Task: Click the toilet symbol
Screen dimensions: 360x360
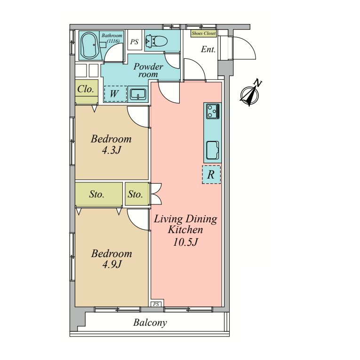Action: [157, 41]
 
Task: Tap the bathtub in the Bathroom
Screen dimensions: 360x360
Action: [90, 46]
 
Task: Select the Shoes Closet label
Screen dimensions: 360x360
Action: [204, 33]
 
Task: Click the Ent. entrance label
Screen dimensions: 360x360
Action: [208, 49]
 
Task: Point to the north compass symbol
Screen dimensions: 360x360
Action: [250, 93]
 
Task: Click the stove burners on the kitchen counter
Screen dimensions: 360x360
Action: [213, 111]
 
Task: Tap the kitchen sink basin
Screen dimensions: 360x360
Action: [212, 150]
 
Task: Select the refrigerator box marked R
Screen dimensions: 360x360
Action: [211, 174]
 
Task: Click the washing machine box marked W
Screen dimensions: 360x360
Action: [115, 94]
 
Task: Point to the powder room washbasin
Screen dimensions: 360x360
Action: [138, 94]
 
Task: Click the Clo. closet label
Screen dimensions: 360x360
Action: [86, 89]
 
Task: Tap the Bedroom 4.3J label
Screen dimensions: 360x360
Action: [111, 144]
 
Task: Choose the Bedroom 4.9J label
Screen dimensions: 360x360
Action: [112, 259]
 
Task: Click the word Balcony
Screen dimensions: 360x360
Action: [150, 322]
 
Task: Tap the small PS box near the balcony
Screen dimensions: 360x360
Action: [156, 304]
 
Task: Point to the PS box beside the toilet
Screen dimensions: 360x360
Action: [135, 42]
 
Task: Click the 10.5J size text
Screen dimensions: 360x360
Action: [185, 242]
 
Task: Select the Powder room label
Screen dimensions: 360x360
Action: [149, 70]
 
